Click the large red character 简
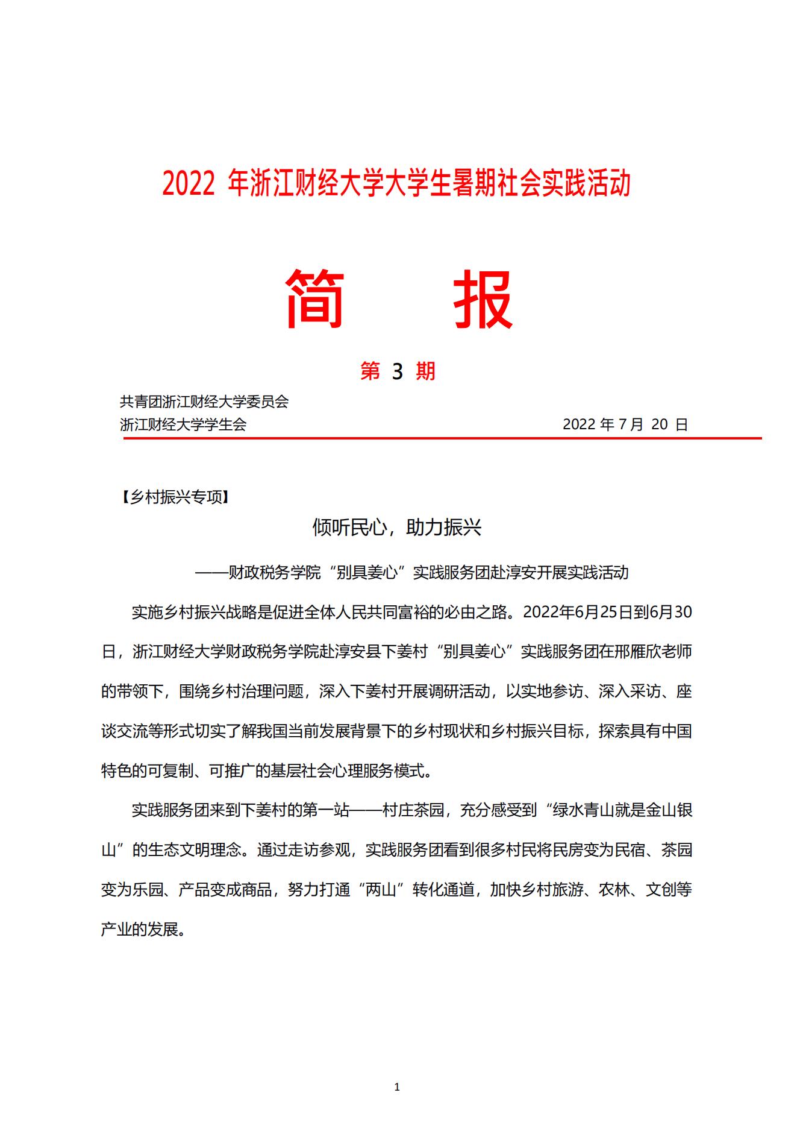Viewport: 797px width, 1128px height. coord(314,299)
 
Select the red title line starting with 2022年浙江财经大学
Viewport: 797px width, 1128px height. coord(396,183)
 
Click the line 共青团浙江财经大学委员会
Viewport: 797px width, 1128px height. coord(204,402)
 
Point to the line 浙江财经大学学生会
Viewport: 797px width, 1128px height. coord(183,424)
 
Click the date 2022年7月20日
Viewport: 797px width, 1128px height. coord(625,424)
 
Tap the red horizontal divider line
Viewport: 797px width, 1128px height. coord(442,439)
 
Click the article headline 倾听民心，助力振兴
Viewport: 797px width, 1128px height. coord(396,528)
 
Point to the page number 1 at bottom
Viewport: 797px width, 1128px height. coord(396,1087)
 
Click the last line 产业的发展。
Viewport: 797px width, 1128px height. coord(143,930)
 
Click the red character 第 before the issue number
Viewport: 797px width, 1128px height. coord(370,371)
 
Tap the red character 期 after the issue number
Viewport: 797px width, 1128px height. coord(425,371)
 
